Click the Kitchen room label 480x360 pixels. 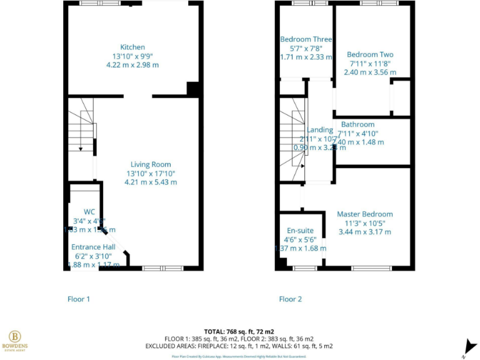tap(132, 47)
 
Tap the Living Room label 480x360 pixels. tap(151, 165)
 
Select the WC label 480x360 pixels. tap(80, 212)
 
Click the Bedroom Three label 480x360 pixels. tap(306, 39)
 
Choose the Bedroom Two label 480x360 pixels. tap(371, 55)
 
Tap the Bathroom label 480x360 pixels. tap(358, 125)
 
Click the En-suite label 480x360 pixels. tap(301, 230)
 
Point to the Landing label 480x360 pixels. tap(321, 130)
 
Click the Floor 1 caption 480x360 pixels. tap(79, 299)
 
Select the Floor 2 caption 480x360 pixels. tap(290, 299)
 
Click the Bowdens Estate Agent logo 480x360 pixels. tap(14, 341)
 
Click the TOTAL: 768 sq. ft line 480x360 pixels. tap(239, 331)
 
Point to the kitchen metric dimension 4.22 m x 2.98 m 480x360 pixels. tap(132, 65)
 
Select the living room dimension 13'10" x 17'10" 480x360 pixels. tap(151, 174)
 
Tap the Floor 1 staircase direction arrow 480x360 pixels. tap(81, 148)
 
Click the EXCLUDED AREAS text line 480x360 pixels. tap(239, 346)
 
